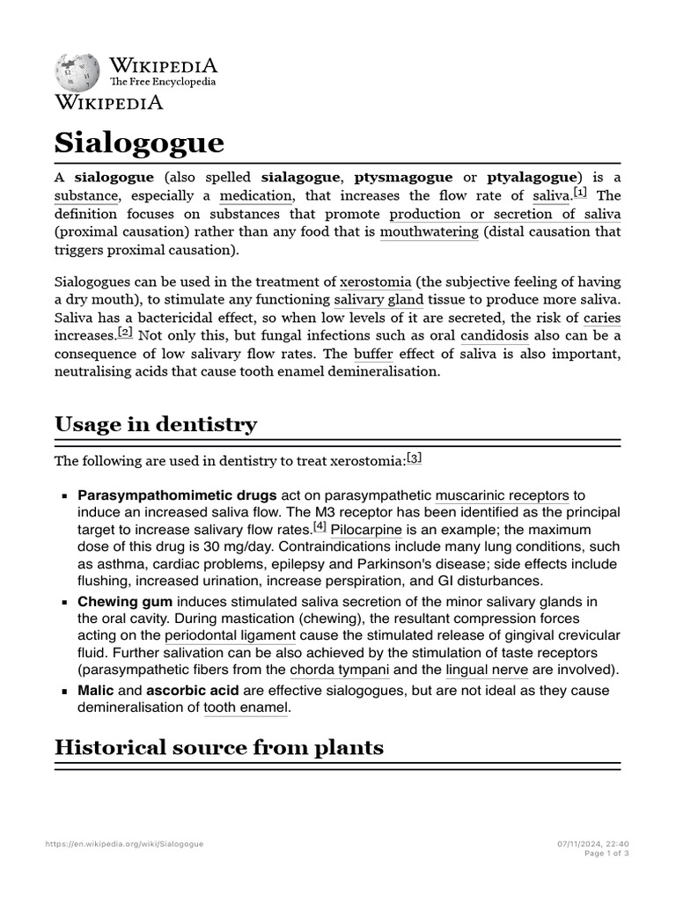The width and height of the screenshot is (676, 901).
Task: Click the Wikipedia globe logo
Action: pos(78,73)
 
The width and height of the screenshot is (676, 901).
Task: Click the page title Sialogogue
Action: pos(139,143)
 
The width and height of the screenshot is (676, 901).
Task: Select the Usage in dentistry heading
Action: pos(156,424)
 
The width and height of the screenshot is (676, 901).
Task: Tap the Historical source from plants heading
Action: pos(218,748)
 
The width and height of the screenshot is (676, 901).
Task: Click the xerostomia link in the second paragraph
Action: pos(375,282)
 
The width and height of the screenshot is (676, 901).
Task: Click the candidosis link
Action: pos(495,335)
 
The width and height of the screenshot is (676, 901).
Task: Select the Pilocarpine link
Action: pos(366,530)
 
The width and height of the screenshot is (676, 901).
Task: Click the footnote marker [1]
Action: pos(580,192)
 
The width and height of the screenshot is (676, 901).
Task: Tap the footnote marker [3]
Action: pos(415,458)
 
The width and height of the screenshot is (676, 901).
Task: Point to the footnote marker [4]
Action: pos(320,527)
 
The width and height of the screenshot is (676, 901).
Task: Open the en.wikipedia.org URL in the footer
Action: pos(124,844)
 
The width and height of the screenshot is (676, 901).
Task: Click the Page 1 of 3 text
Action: pos(606,853)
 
